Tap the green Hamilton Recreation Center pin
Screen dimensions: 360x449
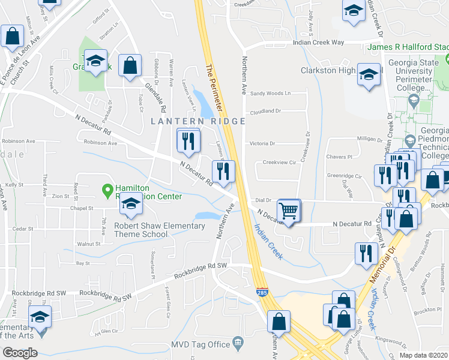[108, 191]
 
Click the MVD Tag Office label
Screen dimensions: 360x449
[201, 344]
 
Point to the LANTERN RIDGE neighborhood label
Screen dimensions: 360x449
[197, 121]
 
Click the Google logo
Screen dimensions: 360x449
[20, 353]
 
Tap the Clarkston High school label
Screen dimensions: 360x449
[328, 70]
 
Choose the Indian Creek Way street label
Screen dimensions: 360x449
[318, 43]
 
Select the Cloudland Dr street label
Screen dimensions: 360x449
[265, 111]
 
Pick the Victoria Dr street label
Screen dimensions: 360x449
[262, 143]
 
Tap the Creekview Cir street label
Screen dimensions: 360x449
[280, 162]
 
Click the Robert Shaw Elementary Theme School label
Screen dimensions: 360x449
[160, 230]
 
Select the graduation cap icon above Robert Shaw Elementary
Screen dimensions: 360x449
[130, 205]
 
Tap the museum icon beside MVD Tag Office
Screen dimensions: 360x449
[238, 343]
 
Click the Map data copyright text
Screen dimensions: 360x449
[424, 355]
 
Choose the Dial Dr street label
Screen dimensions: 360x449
[264, 200]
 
